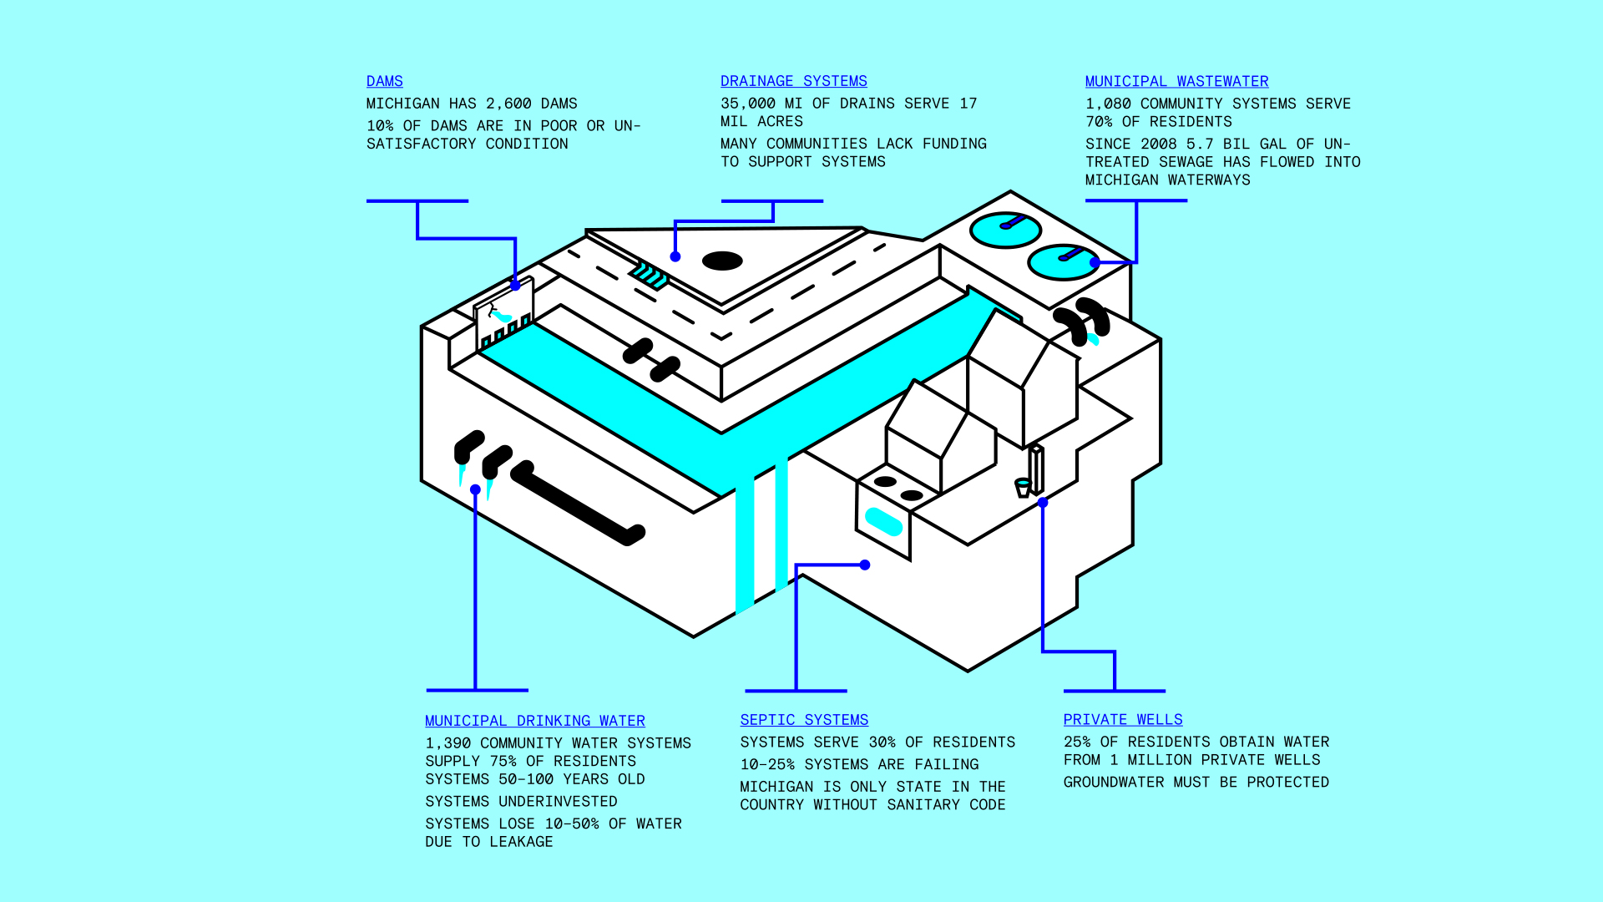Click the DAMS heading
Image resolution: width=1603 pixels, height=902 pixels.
[x=384, y=81]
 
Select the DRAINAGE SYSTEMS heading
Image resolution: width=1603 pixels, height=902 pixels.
[x=793, y=81]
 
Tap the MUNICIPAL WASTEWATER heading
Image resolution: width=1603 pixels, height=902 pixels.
[x=1176, y=81]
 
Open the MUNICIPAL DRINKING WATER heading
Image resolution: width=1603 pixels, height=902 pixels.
[x=534, y=721]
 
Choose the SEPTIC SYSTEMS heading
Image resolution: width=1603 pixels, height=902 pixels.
[x=804, y=720]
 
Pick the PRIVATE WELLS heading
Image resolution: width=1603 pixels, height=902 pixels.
[x=1123, y=720]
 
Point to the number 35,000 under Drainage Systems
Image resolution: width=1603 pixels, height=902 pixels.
[x=748, y=104]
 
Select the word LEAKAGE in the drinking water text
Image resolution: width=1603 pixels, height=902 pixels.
[x=521, y=842]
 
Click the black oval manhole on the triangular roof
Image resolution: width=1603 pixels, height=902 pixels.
[x=722, y=261]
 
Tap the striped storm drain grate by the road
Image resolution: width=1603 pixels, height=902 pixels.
[x=650, y=275]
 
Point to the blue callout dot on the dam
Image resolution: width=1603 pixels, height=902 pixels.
[x=516, y=286]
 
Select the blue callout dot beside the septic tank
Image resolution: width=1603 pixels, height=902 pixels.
[x=865, y=565]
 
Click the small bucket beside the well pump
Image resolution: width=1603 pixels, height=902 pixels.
[x=1023, y=487]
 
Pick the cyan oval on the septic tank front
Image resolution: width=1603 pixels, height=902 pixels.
[x=883, y=522]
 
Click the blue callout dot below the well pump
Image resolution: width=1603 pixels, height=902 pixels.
[x=1043, y=503]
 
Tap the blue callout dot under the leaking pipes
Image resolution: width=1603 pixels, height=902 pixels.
[x=475, y=489]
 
